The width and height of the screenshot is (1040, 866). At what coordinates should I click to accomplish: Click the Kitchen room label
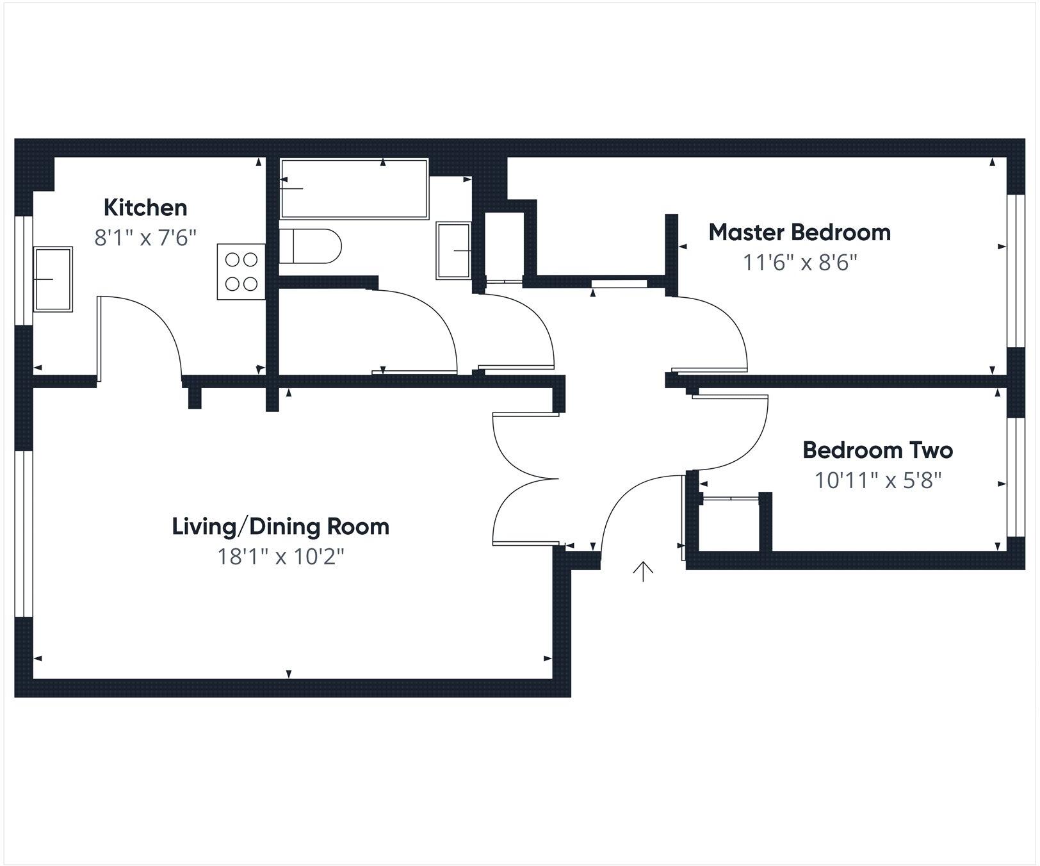click(145, 208)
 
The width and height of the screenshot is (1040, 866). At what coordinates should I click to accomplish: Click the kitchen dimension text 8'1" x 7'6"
click(145, 238)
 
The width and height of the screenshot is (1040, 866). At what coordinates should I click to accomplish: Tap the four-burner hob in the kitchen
click(241, 272)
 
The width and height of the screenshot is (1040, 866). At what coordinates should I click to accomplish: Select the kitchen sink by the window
click(53, 279)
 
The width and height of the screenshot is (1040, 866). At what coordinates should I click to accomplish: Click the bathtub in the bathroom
click(353, 189)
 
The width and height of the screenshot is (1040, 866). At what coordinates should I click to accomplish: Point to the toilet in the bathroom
click(310, 246)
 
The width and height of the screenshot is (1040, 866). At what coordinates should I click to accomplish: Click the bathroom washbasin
click(453, 250)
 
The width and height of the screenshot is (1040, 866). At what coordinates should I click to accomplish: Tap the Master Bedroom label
click(799, 232)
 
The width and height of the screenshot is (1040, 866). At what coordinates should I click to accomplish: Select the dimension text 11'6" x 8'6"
click(799, 263)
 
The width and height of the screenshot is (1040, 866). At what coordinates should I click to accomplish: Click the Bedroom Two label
click(877, 450)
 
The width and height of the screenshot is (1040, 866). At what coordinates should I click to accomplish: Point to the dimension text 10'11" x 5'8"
click(877, 480)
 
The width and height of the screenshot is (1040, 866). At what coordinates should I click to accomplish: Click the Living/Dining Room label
click(280, 527)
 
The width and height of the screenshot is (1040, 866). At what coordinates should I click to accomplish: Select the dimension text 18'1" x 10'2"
click(280, 557)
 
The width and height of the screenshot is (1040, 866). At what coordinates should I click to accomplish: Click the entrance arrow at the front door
click(642, 571)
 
